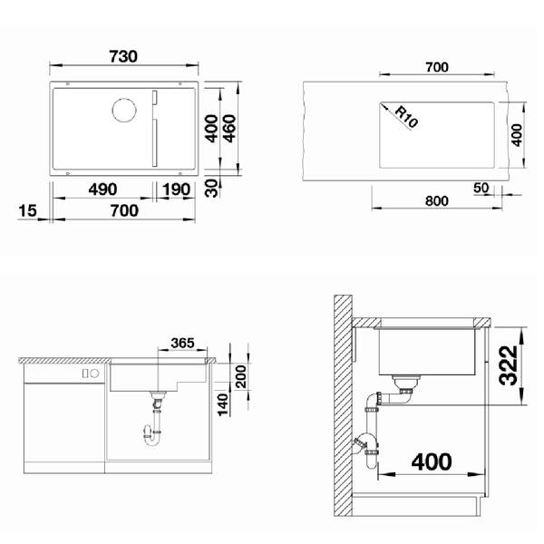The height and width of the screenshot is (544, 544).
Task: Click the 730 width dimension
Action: point(123,56)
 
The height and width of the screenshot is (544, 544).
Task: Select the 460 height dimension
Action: point(229,129)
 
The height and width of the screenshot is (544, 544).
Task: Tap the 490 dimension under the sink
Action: point(102,189)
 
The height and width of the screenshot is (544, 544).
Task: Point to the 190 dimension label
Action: point(176,189)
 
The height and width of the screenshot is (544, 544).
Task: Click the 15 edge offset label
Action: point(27,210)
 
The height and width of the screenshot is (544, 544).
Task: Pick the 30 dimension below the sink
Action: point(211,188)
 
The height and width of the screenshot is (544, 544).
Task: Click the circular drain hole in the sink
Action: point(124,111)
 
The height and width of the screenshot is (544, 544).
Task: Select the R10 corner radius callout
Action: point(406,117)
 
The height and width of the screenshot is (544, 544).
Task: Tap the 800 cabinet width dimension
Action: point(436,201)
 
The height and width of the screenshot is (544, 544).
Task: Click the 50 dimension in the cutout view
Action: point(481,188)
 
